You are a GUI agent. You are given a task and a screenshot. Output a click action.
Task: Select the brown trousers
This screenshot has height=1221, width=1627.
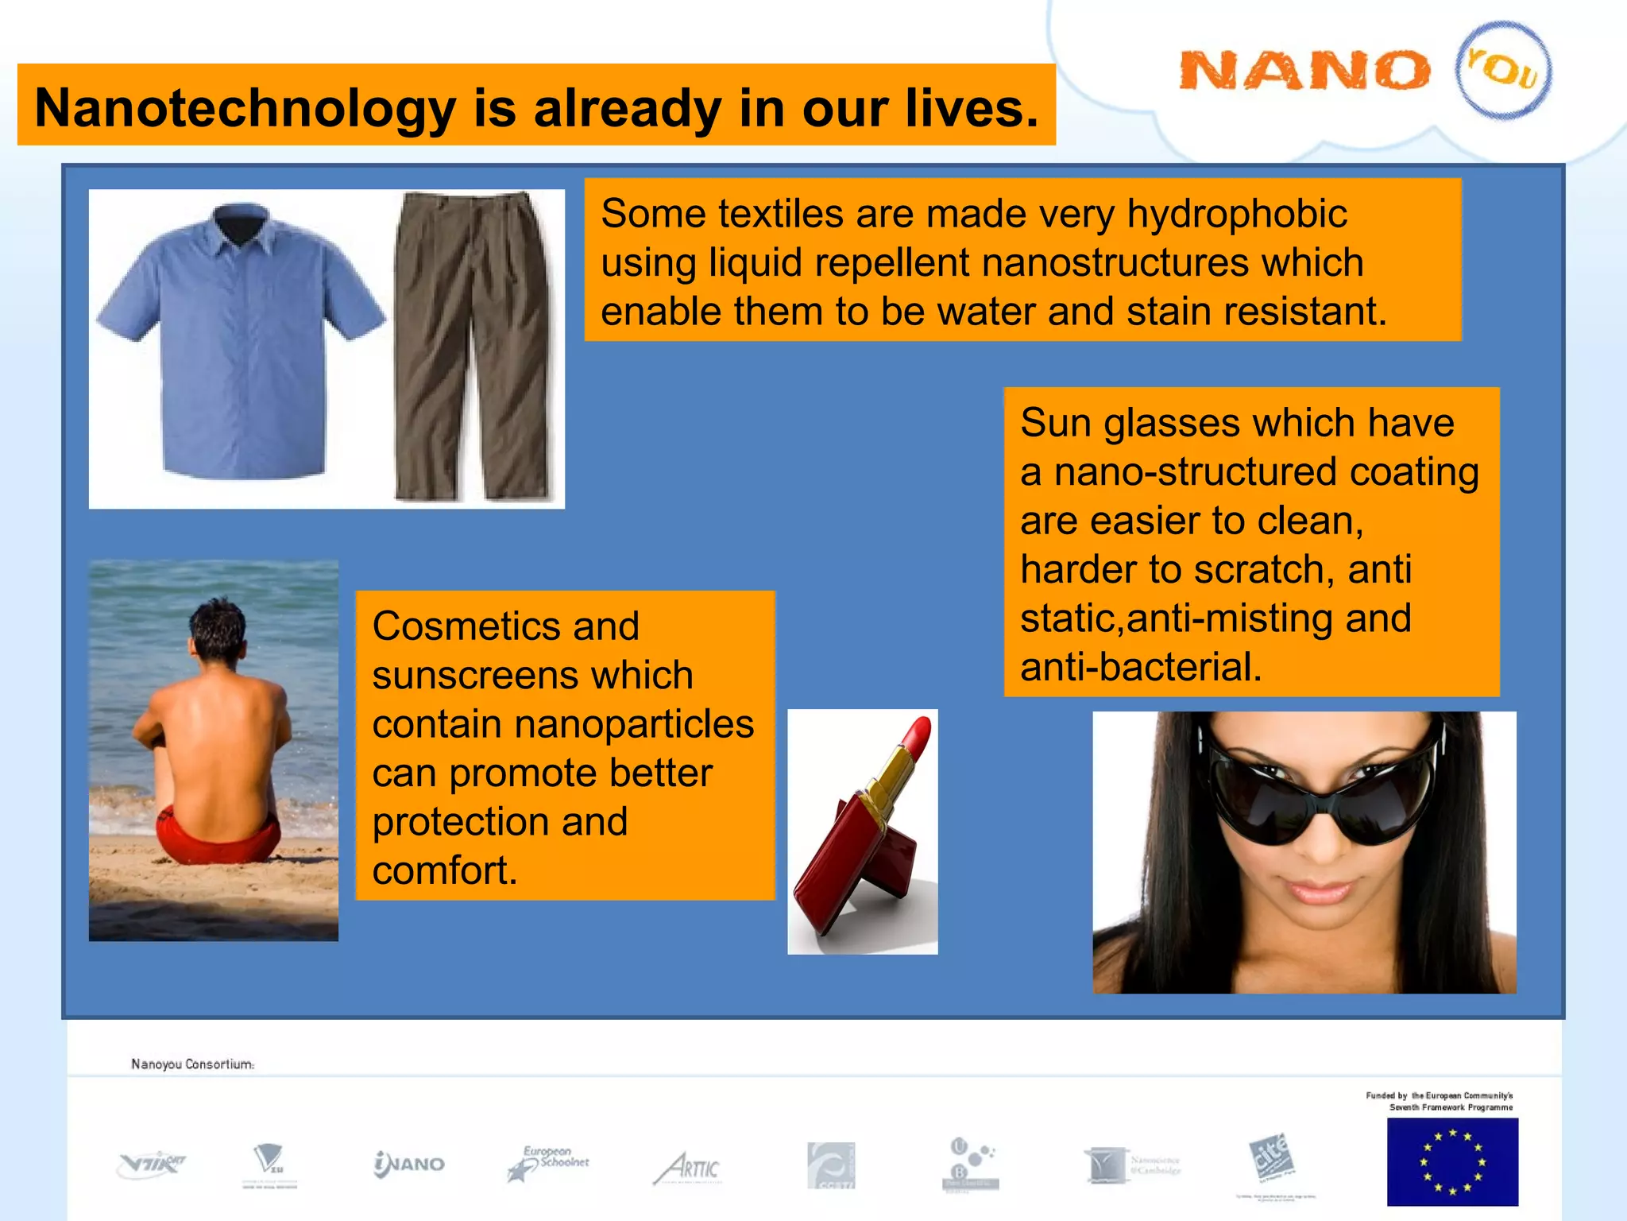tap(473, 342)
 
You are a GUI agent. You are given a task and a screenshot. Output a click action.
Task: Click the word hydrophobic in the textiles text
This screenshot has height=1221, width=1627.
tap(1237, 214)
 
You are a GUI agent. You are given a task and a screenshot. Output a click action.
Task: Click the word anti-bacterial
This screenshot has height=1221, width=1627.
tap(1141, 667)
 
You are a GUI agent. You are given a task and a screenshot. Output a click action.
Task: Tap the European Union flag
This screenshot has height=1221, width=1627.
tap(1452, 1161)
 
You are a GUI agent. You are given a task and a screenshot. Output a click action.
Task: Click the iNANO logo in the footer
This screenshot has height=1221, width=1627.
tap(409, 1165)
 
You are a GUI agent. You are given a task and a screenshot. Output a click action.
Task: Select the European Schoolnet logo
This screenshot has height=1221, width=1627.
tap(548, 1164)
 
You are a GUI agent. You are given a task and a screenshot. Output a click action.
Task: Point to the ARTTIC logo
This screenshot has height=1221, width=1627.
tap(688, 1168)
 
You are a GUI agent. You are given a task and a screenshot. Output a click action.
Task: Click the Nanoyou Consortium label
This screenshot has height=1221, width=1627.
tap(192, 1064)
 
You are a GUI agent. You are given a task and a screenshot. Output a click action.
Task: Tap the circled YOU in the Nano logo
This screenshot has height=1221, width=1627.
tap(1503, 70)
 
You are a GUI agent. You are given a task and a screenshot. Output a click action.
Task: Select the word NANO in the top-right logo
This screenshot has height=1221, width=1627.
tap(1304, 71)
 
